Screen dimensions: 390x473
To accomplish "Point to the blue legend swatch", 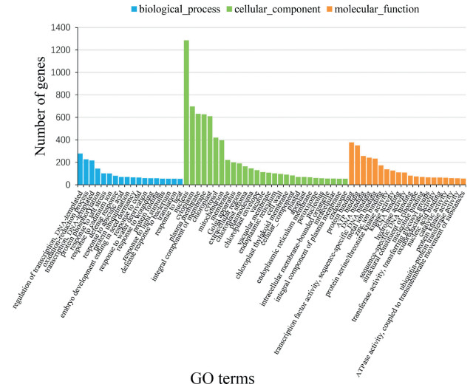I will click(135, 10).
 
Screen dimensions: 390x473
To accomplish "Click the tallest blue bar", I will click(80, 169).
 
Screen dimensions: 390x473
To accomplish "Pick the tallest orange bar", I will click(352, 163).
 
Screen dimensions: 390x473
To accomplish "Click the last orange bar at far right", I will click(463, 182).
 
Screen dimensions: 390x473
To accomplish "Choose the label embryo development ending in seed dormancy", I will click(92, 236).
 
